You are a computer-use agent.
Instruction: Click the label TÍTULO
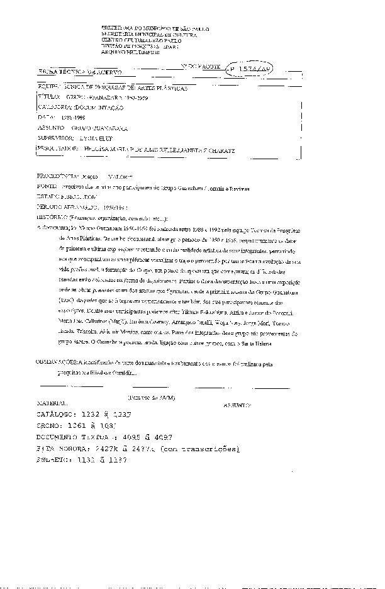[48, 98]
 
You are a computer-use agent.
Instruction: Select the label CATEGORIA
[55, 108]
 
